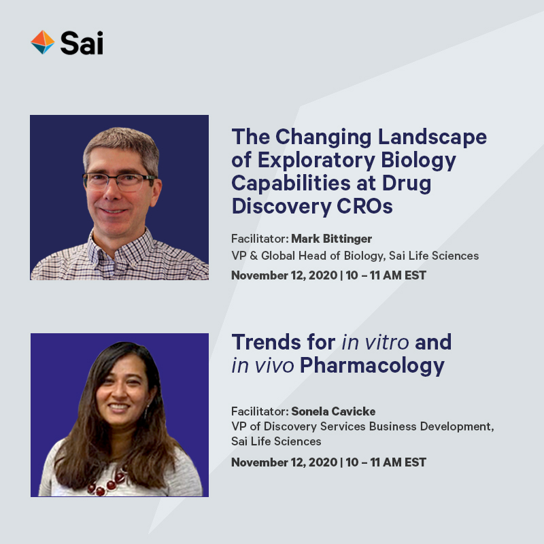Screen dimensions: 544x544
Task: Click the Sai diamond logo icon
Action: click(x=42, y=42)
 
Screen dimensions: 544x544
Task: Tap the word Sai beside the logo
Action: click(x=82, y=43)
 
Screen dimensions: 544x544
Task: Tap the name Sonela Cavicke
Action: click(x=333, y=411)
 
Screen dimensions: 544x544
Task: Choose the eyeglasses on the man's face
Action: click(x=120, y=181)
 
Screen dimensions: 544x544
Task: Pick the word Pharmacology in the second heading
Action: click(x=373, y=365)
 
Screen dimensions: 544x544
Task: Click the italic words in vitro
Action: click(x=375, y=341)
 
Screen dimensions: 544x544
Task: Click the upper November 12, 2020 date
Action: click(x=284, y=275)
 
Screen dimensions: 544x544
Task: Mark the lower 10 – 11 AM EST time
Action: click(x=386, y=462)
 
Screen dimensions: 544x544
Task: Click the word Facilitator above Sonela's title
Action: click(x=260, y=411)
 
